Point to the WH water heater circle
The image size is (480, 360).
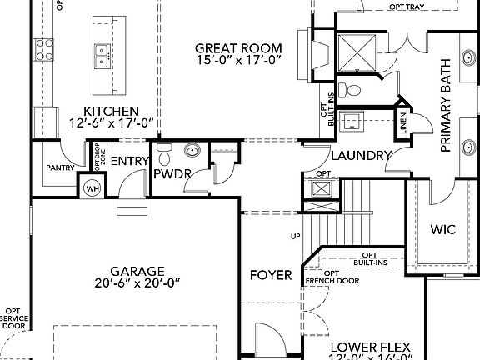92,186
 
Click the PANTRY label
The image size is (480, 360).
60,167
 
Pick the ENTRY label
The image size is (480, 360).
130,162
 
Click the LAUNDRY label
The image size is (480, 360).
360,155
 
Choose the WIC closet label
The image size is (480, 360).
442,228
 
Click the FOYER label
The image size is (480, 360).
272,275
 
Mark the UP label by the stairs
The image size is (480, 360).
295,236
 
